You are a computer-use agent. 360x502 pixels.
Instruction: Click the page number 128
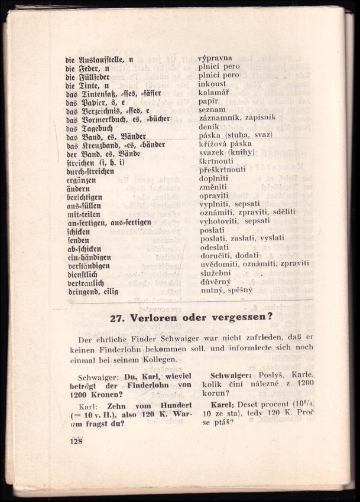tap(76, 441)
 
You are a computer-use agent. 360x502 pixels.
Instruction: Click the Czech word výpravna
tap(215, 58)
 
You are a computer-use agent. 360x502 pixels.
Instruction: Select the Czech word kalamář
tap(213, 93)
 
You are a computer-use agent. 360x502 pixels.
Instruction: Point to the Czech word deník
tap(209, 126)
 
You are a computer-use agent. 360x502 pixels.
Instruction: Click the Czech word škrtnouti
tap(216, 161)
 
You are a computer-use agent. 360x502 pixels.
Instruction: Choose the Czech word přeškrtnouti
tap(222, 169)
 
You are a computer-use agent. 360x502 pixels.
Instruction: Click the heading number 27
tap(119, 317)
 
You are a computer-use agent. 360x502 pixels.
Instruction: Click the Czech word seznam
tap(212, 109)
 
